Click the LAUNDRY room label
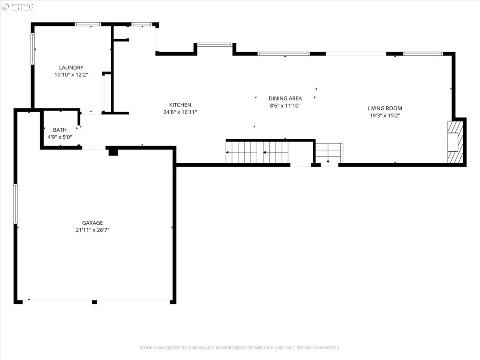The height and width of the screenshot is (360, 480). pyautogui.click(x=71, y=68)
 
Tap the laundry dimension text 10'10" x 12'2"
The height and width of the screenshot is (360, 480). pyautogui.click(x=71, y=75)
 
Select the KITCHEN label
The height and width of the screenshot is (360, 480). pyautogui.click(x=180, y=105)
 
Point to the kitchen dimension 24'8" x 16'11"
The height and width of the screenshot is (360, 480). pyautogui.click(x=180, y=112)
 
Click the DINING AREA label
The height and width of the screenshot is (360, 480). pyautogui.click(x=285, y=98)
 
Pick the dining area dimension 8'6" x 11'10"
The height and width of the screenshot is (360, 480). pyautogui.click(x=285, y=106)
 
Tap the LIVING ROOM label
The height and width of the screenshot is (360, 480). pyautogui.click(x=385, y=108)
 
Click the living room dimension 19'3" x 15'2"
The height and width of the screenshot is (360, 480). pyautogui.click(x=385, y=116)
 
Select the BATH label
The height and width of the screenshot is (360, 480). pyautogui.click(x=60, y=130)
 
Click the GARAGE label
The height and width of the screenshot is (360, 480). pyautogui.click(x=92, y=223)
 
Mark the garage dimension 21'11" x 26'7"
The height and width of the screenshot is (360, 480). pyautogui.click(x=92, y=230)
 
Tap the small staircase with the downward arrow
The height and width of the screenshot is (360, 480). pyautogui.click(x=329, y=153)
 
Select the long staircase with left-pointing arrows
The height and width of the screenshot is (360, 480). pyautogui.click(x=257, y=152)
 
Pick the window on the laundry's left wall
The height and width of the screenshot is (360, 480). pyautogui.click(x=33, y=49)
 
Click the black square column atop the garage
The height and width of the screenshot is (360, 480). pyautogui.click(x=113, y=152)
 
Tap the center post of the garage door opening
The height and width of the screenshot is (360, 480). pyautogui.click(x=94, y=302)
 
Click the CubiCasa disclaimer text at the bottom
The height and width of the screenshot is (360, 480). pyautogui.click(x=240, y=348)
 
